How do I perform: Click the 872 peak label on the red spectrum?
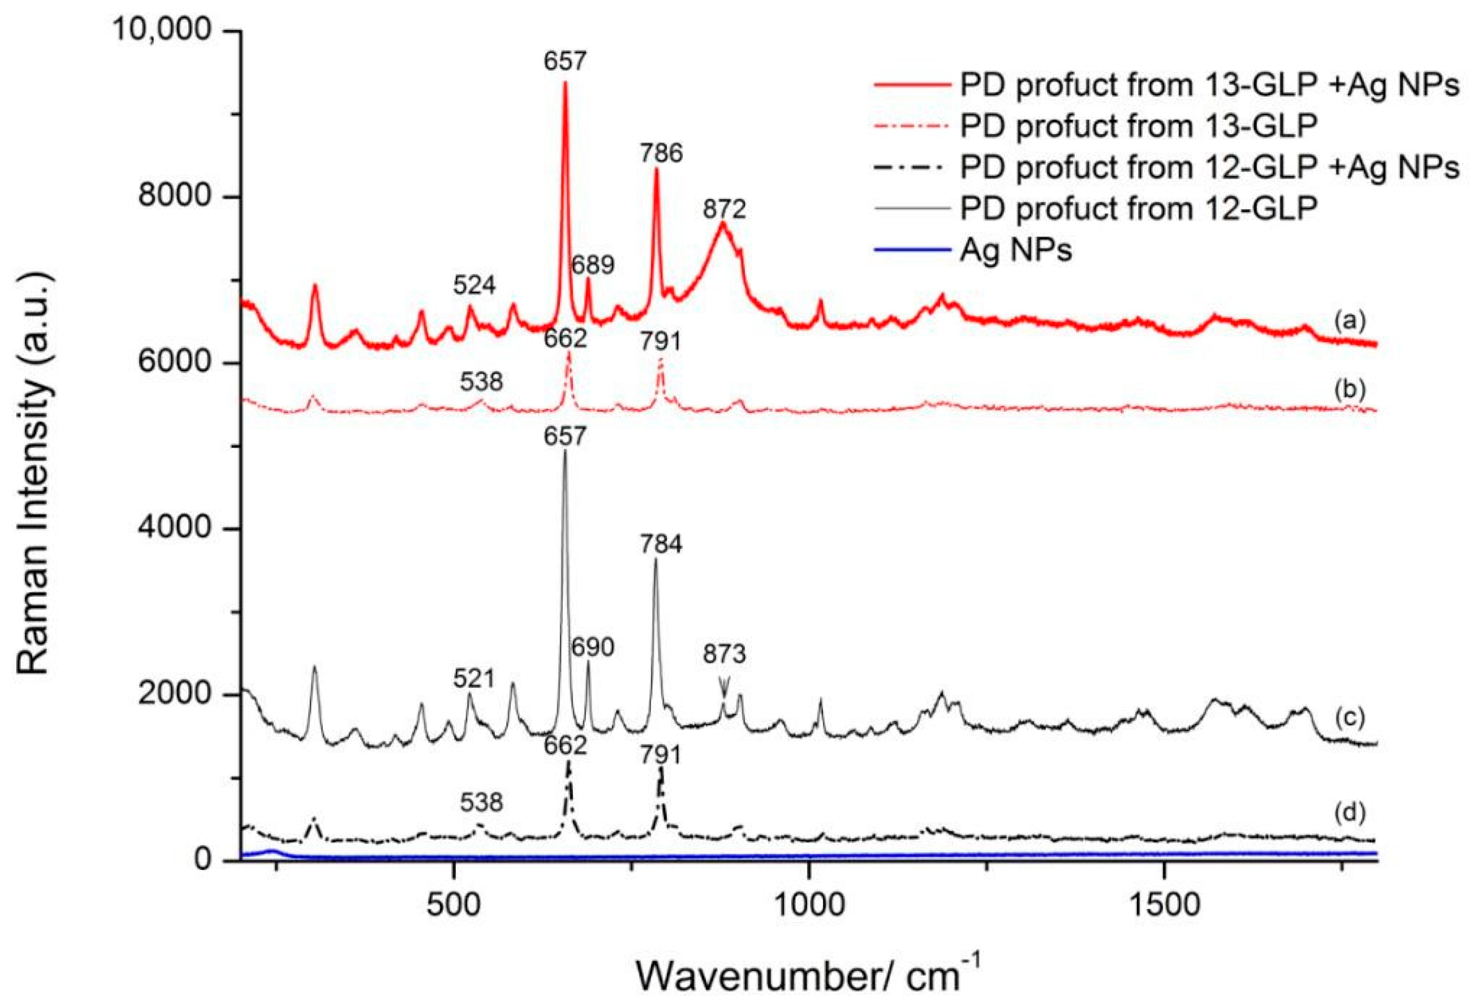[724, 209]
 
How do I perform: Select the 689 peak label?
[593, 265]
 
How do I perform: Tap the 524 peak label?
[474, 286]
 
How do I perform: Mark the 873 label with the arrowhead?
[725, 673]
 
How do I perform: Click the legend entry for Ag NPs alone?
[1016, 251]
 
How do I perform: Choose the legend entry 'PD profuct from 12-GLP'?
[1138, 209]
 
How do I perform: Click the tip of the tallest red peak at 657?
[564, 83]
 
